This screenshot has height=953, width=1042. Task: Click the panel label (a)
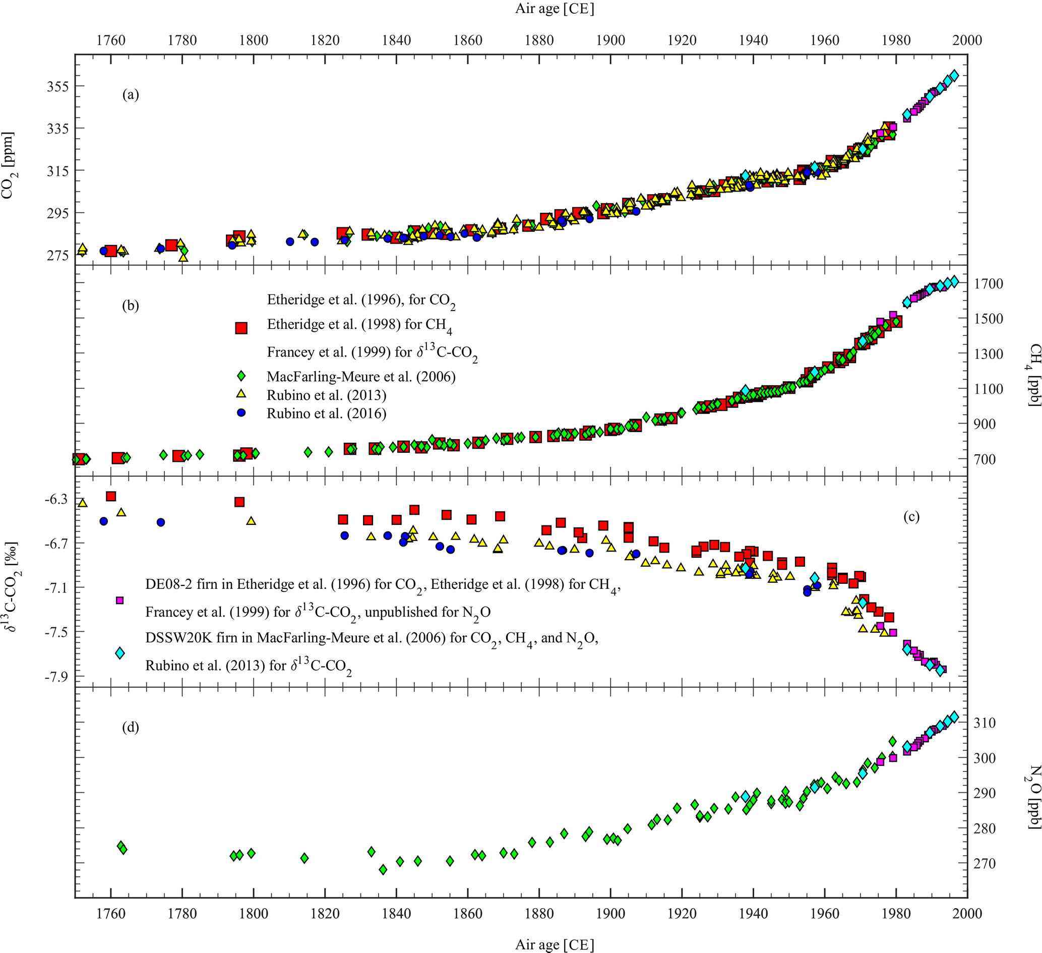[x=130, y=95]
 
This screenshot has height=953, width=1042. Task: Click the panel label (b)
[x=130, y=306]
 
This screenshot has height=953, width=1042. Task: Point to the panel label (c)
[x=911, y=516]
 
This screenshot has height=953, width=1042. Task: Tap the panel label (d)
[x=130, y=728]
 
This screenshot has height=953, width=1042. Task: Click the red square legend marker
[x=241, y=328]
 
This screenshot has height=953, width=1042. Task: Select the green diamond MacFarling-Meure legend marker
[x=241, y=377]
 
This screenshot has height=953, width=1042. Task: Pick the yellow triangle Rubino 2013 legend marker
[x=241, y=394]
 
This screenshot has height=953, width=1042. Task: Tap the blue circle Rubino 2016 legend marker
[x=241, y=412]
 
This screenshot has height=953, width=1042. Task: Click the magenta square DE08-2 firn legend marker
[x=119, y=601]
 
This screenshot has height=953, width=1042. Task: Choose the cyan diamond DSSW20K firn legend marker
[x=119, y=652]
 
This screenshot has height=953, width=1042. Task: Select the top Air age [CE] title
[x=555, y=9]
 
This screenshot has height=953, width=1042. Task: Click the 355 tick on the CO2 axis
[x=57, y=86]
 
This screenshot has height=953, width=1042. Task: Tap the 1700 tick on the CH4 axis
[x=988, y=283]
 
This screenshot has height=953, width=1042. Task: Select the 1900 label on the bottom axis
[x=610, y=913]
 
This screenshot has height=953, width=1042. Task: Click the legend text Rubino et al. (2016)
[x=327, y=413]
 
